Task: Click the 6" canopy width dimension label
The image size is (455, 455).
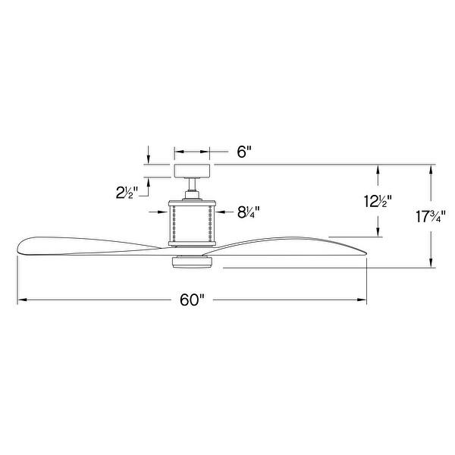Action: pyautogui.click(x=244, y=152)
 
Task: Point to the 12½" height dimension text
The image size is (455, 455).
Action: pyautogui.click(x=376, y=202)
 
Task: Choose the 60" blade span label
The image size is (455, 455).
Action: pyautogui.click(x=193, y=300)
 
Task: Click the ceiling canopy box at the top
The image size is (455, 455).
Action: pyautogui.click(x=192, y=171)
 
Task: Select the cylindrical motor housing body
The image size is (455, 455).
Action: pyautogui.click(x=193, y=221)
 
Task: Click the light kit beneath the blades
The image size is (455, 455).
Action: pyautogui.click(x=193, y=262)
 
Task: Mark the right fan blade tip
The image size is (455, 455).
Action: pyautogui.click(x=365, y=249)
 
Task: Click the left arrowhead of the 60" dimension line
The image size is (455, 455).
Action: pyautogui.click(x=20, y=300)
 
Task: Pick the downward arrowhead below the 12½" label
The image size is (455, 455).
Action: pyautogui.click(x=376, y=231)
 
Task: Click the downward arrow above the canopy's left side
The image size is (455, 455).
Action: pyautogui.click(x=149, y=159)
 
